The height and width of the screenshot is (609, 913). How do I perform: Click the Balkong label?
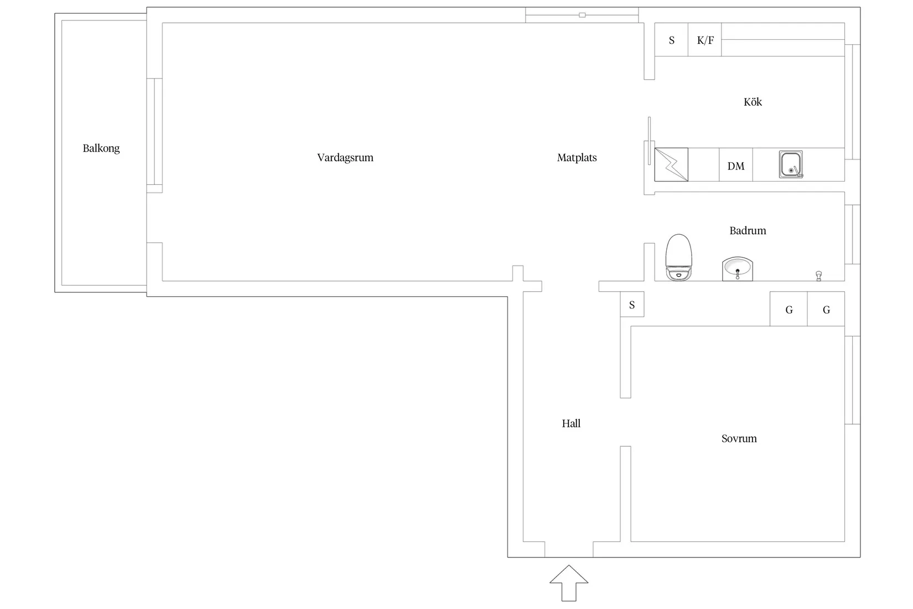[101, 148]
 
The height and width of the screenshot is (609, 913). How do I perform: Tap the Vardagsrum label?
[345, 158]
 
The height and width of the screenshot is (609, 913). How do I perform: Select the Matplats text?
[577, 158]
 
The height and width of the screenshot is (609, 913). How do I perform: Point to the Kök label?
[753, 102]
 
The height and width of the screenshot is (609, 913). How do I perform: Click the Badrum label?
[748, 231]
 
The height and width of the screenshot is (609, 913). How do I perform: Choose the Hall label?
[571, 424]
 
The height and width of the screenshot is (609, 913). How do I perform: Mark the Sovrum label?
[739, 438]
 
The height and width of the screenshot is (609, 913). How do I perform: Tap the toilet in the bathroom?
[679, 257]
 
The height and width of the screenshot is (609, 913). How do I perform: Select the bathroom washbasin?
[738, 269]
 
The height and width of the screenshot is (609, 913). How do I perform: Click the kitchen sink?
[791, 164]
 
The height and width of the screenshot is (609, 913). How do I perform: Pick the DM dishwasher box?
[735, 165]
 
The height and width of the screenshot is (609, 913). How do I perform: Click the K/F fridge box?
[705, 40]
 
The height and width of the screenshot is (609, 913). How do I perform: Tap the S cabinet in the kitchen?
[672, 40]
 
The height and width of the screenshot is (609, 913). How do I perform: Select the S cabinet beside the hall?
[632, 304]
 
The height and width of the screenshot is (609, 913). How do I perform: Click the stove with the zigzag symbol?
[671, 165]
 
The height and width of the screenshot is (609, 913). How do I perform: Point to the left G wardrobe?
[788, 309]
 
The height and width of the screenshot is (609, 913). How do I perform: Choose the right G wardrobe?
[826, 309]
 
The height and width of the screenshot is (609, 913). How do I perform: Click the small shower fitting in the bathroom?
[818, 275]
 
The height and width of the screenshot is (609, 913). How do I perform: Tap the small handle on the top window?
[582, 15]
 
